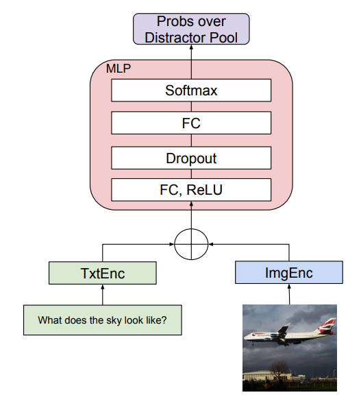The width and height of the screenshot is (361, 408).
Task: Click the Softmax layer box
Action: pos(191,90)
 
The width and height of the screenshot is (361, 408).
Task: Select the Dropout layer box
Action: pos(191,158)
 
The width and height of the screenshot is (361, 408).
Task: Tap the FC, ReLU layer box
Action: pos(191,190)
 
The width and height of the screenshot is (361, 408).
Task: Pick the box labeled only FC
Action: pos(191,123)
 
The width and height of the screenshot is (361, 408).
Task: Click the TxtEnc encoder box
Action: pos(103,273)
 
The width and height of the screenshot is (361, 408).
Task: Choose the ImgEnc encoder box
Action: pos(289,272)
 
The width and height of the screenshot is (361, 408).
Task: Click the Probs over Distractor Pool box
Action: pos(191,29)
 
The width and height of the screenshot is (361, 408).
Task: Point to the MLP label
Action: pos(119,69)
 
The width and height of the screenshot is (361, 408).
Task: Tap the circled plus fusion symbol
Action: pos(191,244)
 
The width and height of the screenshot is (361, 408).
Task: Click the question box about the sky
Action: pos(103,320)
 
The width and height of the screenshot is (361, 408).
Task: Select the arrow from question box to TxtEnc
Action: pos(102,295)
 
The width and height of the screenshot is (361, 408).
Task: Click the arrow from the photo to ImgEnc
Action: pos(289,294)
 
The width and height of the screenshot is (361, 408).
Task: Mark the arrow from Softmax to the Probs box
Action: pos(191,62)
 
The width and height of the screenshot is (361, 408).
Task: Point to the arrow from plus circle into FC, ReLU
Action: pos(191,215)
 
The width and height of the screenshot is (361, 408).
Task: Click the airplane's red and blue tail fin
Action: pos(327,326)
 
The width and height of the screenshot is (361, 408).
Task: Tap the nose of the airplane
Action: pos(245,337)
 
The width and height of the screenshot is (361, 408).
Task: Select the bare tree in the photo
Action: pos(279,371)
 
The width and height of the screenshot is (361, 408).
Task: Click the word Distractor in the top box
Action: pos(175,38)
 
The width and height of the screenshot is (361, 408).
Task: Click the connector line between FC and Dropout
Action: pos(191,141)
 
